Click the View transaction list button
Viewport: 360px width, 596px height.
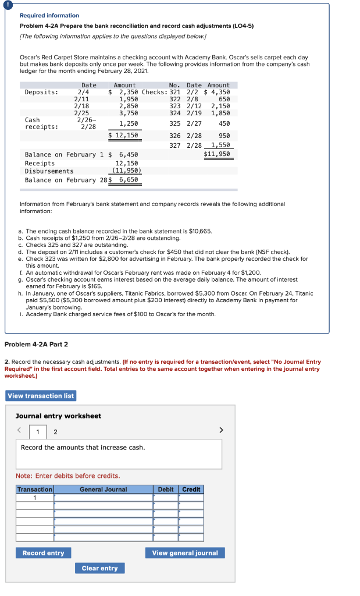[41, 396]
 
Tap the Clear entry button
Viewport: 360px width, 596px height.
[99, 568]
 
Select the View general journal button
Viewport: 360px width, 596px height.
[185, 553]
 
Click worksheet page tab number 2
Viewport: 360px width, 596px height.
[55, 432]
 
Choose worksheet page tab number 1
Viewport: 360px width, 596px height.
[38, 432]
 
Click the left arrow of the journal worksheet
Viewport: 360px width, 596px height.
[19, 431]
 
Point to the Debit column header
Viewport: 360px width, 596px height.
[166, 489]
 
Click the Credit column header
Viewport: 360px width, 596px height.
[191, 489]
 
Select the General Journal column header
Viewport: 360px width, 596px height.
[103, 489]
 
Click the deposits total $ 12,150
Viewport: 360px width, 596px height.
[124, 135]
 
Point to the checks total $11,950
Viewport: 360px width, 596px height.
[216, 154]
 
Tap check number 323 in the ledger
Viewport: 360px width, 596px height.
[174, 106]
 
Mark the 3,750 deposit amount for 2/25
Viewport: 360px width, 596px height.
[129, 113]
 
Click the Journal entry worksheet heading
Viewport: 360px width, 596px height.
[58, 416]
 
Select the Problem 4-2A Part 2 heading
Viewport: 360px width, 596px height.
[36, 345]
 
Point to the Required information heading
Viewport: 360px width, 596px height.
[49, 16]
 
